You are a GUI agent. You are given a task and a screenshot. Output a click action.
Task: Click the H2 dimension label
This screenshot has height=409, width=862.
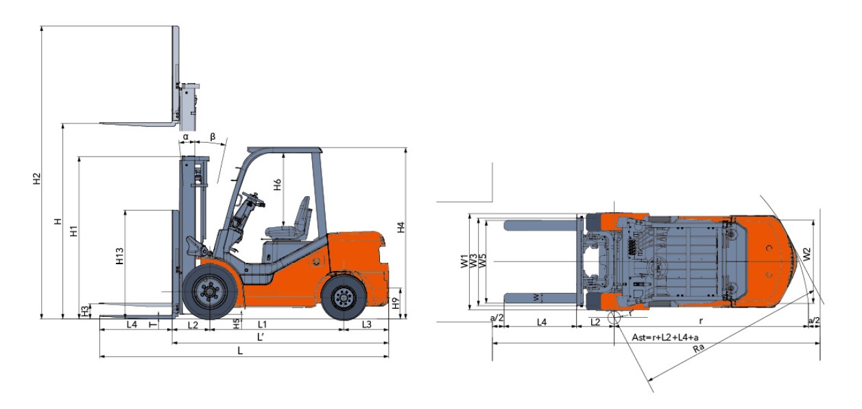click(36, 178)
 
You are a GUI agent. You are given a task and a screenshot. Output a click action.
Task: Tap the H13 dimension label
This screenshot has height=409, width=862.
click(120, 256)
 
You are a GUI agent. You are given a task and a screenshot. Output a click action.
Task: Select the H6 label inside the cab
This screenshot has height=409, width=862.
click(277, 185)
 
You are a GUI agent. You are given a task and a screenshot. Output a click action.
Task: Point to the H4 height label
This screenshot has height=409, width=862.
click(401, 227)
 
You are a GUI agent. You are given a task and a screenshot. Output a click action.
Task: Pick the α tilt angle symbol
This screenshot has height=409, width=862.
click(185, 137)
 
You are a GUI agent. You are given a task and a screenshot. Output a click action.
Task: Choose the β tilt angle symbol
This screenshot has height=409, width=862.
click(213, 137)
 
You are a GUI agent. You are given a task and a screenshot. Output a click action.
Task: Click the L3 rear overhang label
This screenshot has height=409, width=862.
click(367, 325)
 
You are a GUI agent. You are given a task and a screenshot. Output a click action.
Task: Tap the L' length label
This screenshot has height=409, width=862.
click(261, 337)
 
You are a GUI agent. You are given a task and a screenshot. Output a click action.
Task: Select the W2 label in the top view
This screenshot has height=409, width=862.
click(806, 254)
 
